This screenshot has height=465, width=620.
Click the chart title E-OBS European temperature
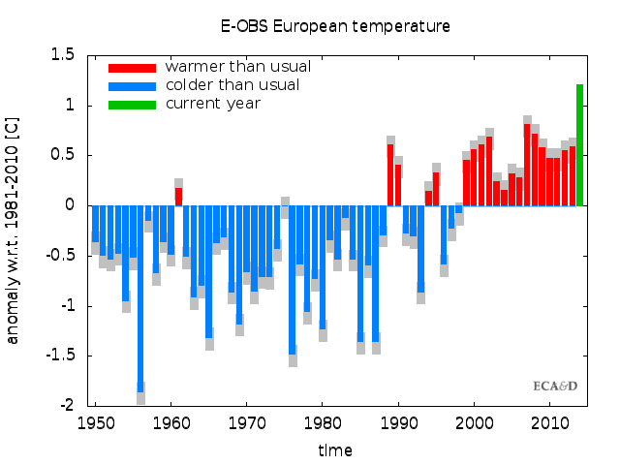point(334,26)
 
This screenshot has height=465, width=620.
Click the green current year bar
point(579,145)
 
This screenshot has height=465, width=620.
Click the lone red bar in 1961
point(178,196)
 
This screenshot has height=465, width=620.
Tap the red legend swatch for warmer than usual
point(132,68)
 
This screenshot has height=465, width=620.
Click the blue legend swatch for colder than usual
point(132,86)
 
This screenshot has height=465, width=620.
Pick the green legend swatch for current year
point(132,104)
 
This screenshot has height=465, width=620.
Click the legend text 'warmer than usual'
point(237,67)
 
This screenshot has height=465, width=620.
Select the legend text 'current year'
point(212,104)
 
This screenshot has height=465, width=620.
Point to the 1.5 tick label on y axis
point(63,55)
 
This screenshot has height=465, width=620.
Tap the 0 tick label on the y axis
point(70,205)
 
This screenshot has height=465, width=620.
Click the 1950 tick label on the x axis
point(95,423)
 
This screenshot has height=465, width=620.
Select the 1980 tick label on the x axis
point(323,423)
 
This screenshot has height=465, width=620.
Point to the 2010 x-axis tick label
point(550,423)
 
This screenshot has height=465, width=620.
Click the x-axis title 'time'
point(334,450)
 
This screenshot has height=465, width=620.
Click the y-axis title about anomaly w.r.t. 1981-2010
point(13,231)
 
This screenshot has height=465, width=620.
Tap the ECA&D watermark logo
point(555,386)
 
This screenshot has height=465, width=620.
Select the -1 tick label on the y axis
point(66,306)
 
